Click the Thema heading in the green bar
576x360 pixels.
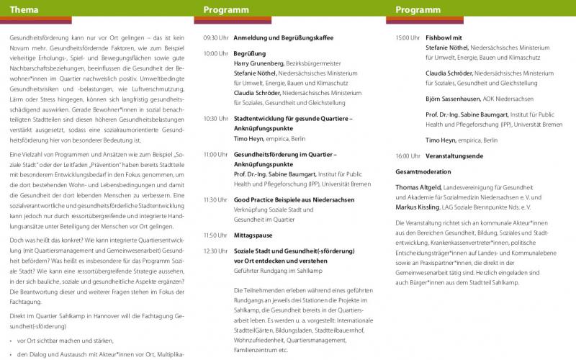pos(24,10)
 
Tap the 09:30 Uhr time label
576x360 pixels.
pos(216,37)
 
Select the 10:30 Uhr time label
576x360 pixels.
pos(216,118)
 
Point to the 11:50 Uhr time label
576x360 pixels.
pos(216,235)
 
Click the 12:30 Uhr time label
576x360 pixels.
pos(216,251)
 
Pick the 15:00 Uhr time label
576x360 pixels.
pos(408,37)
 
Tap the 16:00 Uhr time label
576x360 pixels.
pos(408,156)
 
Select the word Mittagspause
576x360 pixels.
pos(255,235)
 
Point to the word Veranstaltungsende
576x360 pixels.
pos(455,156)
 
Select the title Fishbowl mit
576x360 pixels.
pos(444,37)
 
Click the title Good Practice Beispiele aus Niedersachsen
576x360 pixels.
pos(293,199)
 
